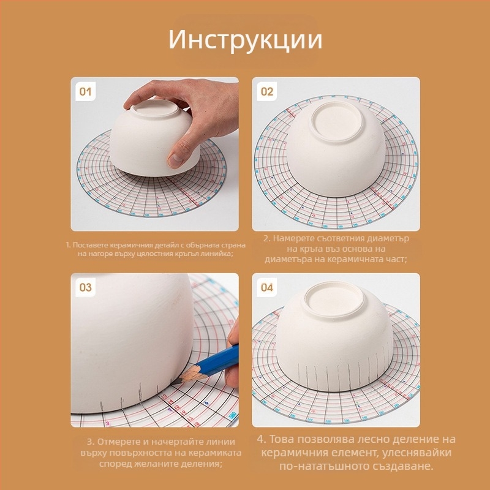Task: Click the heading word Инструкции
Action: click(245, 40)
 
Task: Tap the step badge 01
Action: click(86, 92)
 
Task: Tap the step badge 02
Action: click(267, 92)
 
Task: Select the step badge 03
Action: click(86, 287)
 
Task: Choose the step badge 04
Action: click(267, 287)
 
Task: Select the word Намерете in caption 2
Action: click(295, 238)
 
